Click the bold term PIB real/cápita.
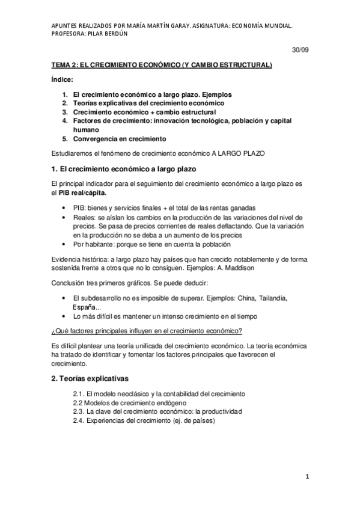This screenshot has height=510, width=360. pos(84,192)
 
